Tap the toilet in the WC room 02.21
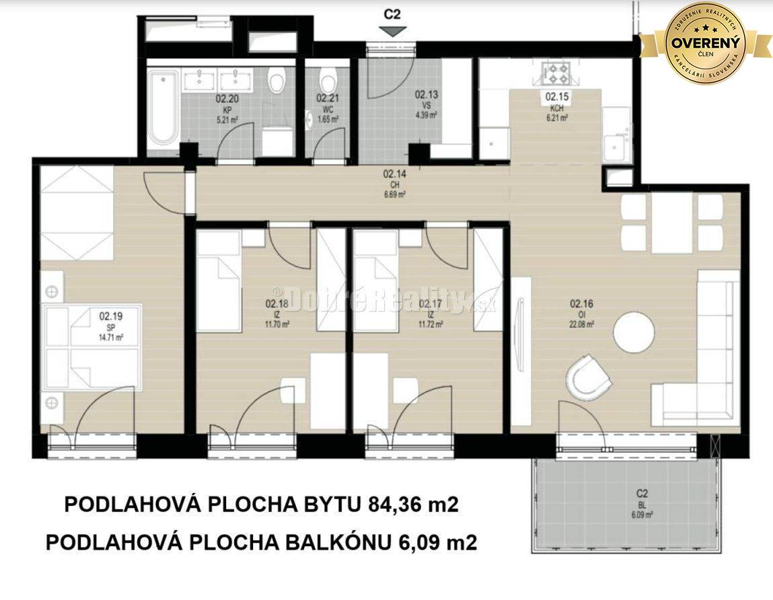(328, 83)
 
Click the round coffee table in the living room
(635, 330)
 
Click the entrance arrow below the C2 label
(392, 32)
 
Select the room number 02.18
(277, 303)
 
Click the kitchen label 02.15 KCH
(556, 102)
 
